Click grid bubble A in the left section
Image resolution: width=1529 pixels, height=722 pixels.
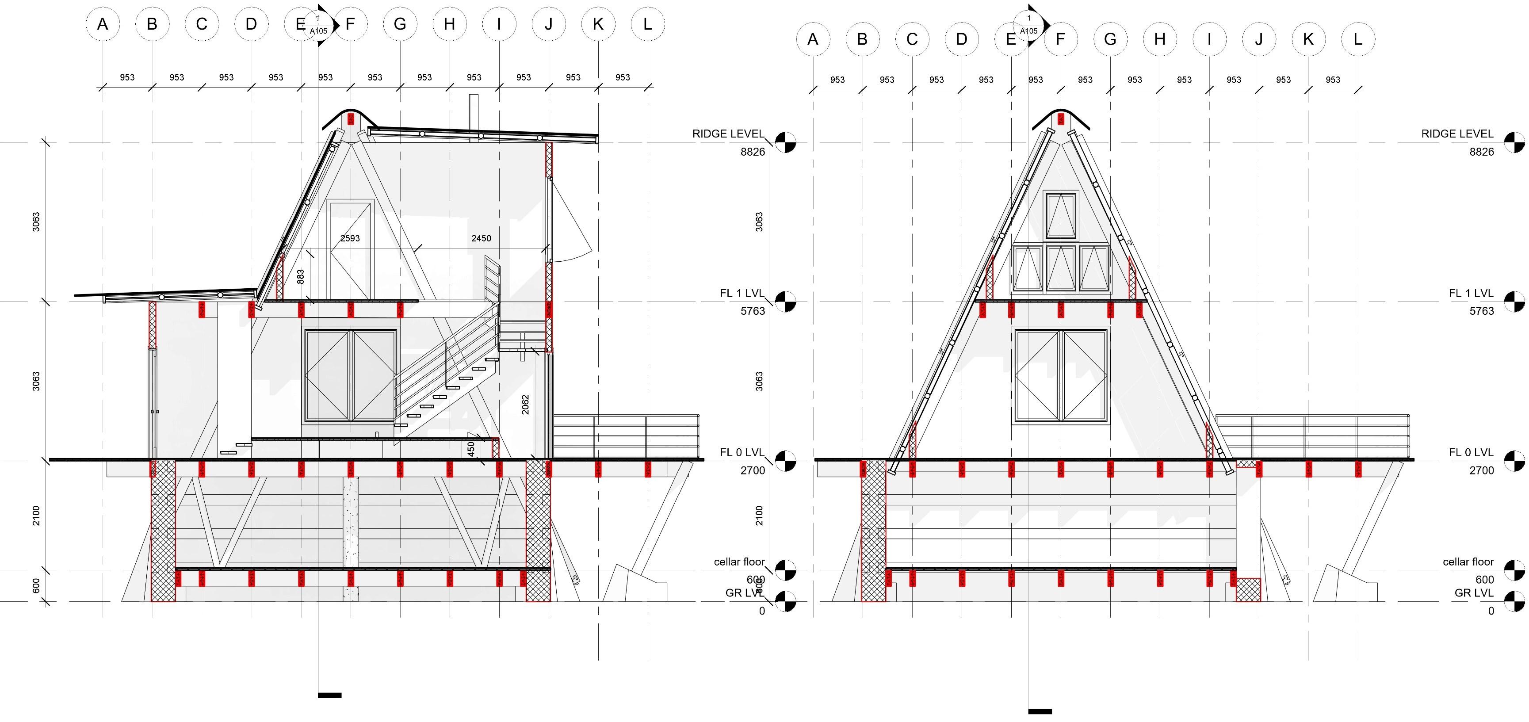pyautogui.click(x=103, y=24)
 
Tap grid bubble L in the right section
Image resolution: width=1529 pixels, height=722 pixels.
pyautogui.click(x=1357, y=40)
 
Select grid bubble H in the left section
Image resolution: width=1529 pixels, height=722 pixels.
pyautogui.click(x=449, y=24)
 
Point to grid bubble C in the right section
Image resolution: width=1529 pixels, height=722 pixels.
pyautogui.click(x=912, y=40)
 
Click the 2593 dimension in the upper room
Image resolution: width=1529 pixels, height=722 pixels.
pyautogui.click(x=350, y=238)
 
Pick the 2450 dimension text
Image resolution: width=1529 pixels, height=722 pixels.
pyautogui.click(x=481, y=238)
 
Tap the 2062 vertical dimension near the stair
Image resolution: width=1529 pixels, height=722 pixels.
pyautogui.click(x=525, y=405)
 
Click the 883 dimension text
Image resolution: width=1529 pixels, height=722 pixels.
pyautogui.click(x=300, y=277)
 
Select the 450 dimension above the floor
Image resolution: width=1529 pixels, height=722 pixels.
pyautogui.click(x=471, y=448)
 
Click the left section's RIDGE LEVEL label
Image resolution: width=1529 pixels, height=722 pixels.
pyautogui.click(x=728, y=134)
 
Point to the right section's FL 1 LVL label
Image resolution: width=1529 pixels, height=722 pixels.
pyautogui.click(x=1471, y=293)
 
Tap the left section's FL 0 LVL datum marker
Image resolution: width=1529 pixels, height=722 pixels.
pyautogui.click(x=785, y=460)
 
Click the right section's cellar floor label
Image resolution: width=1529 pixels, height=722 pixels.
pyautogui.click(x=1468, y=562)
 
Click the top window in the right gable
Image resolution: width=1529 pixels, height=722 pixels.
pyautogui.click(x=1061, y=215)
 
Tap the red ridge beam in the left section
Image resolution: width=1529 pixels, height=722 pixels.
pyautogui.click(x=351, y=119)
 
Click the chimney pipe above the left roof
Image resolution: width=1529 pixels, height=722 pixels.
pyautogui.click(x=474, y=111)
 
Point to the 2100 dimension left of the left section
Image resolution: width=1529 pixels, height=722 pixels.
pyautogui.click(x=36, y=516)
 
